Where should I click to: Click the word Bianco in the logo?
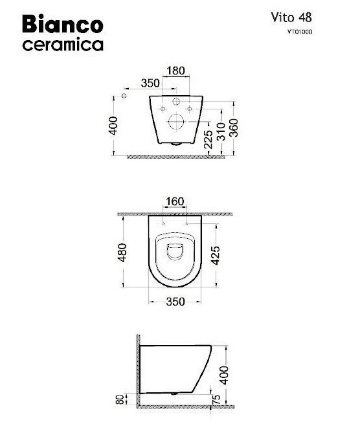[x=62, y=25]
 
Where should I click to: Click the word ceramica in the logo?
[x=63, y=45]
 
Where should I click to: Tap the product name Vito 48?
[x=291, y=18]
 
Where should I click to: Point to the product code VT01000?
[x=300, y=32]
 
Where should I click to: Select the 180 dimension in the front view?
[x=176, y=71]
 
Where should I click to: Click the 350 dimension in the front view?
[x=150, y=83]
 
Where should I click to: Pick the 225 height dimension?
[x=208, y=140]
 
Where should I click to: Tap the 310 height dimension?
[x=221, y=131]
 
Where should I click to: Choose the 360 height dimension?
[x=234, y=128]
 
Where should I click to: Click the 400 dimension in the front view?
[x=113, y=126]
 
